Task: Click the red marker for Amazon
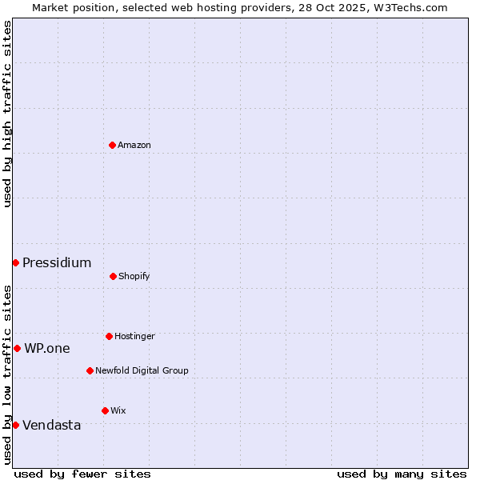(112, 145)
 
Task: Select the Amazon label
(134, 145)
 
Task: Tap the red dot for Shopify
(113, 276)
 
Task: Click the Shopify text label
(134, 276)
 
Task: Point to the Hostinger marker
(109, 336)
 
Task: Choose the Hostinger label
(134, 336)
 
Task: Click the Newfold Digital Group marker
(90, 370)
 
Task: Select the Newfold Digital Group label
(142, 370)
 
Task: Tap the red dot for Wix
(105, 410)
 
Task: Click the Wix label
(118, 410)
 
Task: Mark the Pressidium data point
(15, 262)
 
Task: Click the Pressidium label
(57, 262)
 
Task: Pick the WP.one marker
(17, 348)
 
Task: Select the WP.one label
(47, 348)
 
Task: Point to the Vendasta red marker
(15, 425)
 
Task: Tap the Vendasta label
(52, 425)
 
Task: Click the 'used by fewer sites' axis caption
(82, 474)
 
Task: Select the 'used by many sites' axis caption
(402, 474)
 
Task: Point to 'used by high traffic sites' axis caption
(7, 114)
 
